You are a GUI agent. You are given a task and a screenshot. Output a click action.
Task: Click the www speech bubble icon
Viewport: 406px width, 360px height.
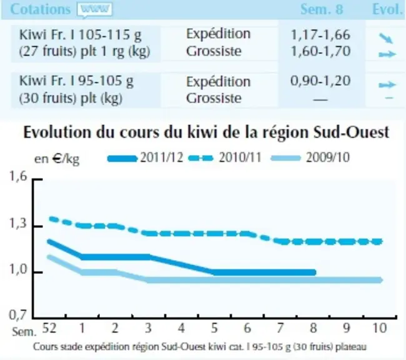(94, 11)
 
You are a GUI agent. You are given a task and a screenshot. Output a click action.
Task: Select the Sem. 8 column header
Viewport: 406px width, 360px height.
(322, 9)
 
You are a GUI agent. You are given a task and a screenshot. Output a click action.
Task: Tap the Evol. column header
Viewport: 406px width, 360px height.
(387, 9)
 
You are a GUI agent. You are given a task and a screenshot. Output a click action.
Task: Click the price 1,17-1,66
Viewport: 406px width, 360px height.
(320, 34)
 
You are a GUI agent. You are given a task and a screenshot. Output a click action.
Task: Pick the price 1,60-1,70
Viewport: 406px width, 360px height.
(320, 51)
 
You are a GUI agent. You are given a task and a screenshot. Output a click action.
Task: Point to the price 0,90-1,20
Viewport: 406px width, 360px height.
(320, 81)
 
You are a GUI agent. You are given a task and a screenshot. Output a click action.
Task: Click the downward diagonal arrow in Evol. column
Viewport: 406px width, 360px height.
(386, 38)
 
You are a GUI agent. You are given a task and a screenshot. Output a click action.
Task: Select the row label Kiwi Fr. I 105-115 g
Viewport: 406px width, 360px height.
(81, 35)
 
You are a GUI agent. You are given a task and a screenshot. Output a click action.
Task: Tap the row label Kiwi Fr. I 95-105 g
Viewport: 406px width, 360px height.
(76, 81)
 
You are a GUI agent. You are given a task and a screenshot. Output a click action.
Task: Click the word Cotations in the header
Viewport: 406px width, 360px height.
(41, 9)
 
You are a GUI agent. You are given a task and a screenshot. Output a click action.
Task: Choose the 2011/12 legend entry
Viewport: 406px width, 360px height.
(146, 157)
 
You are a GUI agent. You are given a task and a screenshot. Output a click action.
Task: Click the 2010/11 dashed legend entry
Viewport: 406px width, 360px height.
(225, 157)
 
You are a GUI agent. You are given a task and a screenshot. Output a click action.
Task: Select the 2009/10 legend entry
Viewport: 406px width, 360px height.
(310, 157)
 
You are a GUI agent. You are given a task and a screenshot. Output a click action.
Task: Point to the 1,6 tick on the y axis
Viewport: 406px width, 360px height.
(18, 176)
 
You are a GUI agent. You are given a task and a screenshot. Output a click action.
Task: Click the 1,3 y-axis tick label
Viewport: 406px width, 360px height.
(18, 223)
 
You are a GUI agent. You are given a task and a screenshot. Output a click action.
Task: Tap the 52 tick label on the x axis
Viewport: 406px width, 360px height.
(49, 328)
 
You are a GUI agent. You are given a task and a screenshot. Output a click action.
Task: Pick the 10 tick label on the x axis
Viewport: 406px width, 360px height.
(379, 328)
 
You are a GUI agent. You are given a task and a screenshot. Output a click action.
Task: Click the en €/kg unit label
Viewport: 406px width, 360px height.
(57, 159)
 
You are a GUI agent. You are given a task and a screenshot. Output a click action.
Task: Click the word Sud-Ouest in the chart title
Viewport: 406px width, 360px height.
(351, 132)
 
